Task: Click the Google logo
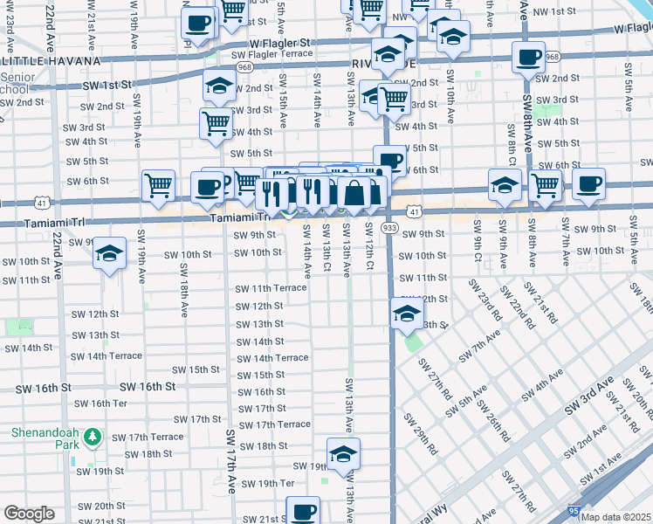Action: pos(29,514)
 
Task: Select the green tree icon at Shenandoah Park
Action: pos(94,436)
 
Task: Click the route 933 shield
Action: pos(389,228)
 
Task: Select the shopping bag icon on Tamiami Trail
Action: pos(354,193)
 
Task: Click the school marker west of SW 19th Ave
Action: pos(109,253)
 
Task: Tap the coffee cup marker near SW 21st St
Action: pos(303,511)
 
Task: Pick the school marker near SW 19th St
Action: pos(343,453)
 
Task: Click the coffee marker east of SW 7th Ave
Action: pos(589,183)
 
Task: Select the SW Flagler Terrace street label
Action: pos(272,53)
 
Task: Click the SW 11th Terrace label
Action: pos(271,288)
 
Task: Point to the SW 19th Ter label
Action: pos(268,483)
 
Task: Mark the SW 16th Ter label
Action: pos(100,403)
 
